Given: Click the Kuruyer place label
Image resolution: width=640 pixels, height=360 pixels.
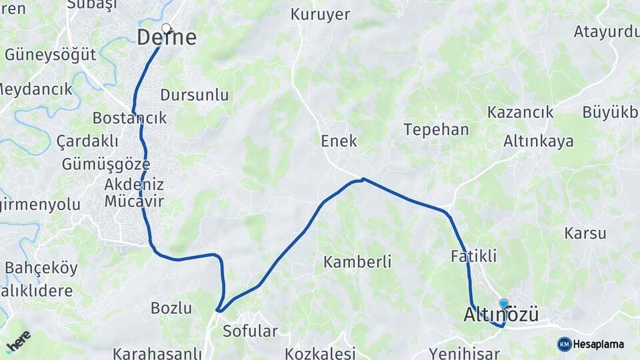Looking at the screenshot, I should coord(320,15).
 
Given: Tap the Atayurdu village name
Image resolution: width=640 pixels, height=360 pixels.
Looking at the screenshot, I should coord(606,31).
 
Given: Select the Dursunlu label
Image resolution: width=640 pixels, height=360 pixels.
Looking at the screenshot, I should coord(195,95).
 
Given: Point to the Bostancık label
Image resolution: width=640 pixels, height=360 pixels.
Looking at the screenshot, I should coord(129,118).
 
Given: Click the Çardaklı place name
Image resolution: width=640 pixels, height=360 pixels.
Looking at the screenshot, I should coord(87,141).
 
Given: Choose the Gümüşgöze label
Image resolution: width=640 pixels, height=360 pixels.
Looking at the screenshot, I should coord(105,164).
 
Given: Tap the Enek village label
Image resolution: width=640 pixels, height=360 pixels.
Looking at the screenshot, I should coord(339,141).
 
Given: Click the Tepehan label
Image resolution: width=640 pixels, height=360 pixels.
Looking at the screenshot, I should coord(436,129).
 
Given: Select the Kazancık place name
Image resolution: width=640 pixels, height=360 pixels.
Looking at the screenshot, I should coord(520,112).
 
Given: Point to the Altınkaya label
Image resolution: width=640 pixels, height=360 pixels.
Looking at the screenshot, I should coord(538,141).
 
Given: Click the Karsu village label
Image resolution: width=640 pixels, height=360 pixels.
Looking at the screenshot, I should coord(585,233).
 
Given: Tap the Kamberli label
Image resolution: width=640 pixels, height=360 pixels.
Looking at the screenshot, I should coord(357,261).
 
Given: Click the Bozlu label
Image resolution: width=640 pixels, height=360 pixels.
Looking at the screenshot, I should coord(171,308).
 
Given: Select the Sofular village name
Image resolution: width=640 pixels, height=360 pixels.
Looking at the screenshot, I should coord(250,331).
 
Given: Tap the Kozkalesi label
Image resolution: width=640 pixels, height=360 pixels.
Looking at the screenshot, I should coord(320,353).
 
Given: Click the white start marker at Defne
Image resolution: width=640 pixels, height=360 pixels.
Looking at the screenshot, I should coord(166,29).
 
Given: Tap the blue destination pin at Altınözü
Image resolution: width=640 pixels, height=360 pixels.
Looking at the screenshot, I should coord(503,304).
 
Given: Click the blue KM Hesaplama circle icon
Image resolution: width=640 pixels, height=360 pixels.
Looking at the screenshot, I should coord(564,344).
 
